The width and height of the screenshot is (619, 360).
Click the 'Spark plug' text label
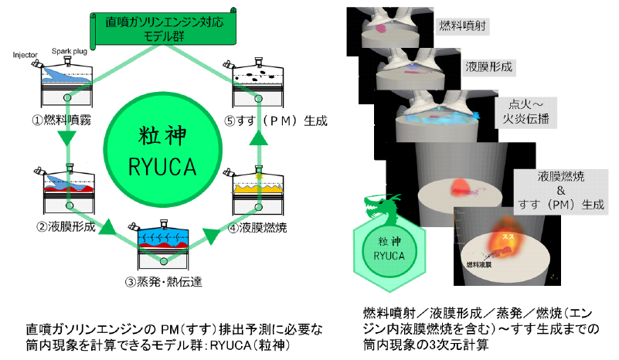67,49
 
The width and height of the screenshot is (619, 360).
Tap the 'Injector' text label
26,54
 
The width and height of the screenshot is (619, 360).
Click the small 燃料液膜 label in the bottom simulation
480,264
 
